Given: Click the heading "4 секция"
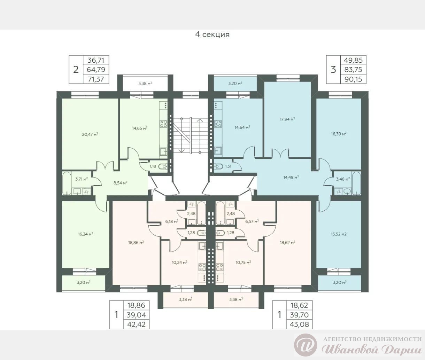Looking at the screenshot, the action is click(x=212, y=34).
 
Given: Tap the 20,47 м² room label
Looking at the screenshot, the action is click(x=90, y=134).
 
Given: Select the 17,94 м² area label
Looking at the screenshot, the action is click(x=287, y=119).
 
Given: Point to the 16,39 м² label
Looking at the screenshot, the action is click(x=339, y=134).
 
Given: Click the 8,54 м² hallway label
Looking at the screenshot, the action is click(x=120, y=183).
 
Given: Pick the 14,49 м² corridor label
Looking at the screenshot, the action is click(x=291, y=177).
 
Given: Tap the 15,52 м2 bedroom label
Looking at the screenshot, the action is click(x=339, y=234).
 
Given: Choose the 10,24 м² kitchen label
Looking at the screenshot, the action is click(x=179, y=263).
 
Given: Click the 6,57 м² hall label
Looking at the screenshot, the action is click(x=252, y=221).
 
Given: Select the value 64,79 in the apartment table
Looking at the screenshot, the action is click(x=96, y=69).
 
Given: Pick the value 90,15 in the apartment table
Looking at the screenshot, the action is click(x=353, y=79).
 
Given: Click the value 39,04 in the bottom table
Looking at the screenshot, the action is click(x=136, y=315).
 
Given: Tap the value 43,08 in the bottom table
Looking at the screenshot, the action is click(x=299, y=324).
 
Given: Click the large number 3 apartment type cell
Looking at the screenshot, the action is click(x=333, y=70).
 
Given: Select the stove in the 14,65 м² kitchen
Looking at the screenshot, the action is click(x=164, y=124).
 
